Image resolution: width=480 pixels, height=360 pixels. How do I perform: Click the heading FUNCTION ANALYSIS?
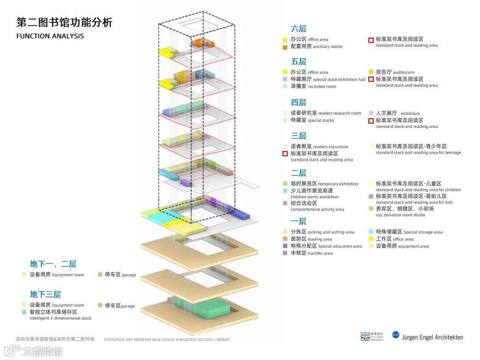click(x=50, y=36)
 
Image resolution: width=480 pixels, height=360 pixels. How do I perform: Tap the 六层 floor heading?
click(x=299, y=29)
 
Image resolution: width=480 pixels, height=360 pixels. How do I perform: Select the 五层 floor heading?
click(x=299, y=61)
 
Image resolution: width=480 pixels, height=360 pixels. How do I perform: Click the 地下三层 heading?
click(x=45, y=294)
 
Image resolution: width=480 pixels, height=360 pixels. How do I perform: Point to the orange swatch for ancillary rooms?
click(x=285, y=47)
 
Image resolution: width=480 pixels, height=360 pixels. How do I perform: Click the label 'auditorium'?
click(x=403, y=72)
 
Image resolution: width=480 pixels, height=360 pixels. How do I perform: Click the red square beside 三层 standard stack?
click(x=285, y=154)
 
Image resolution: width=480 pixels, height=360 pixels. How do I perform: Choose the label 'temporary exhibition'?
click(x=338, y=184)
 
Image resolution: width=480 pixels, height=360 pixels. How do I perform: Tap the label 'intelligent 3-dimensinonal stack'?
click(x=60, y=318)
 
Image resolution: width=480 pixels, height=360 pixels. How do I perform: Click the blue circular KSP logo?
click(x=396, y=335)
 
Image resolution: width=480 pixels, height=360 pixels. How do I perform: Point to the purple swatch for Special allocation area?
click(x=285, y=246)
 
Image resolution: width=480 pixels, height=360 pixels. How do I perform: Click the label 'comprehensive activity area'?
click(x=317, y=209)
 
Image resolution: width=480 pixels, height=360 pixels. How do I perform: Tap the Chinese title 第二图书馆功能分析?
click(x=64, y=22)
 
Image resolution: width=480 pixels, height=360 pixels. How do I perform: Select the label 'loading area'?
click(x=320, y=239)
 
